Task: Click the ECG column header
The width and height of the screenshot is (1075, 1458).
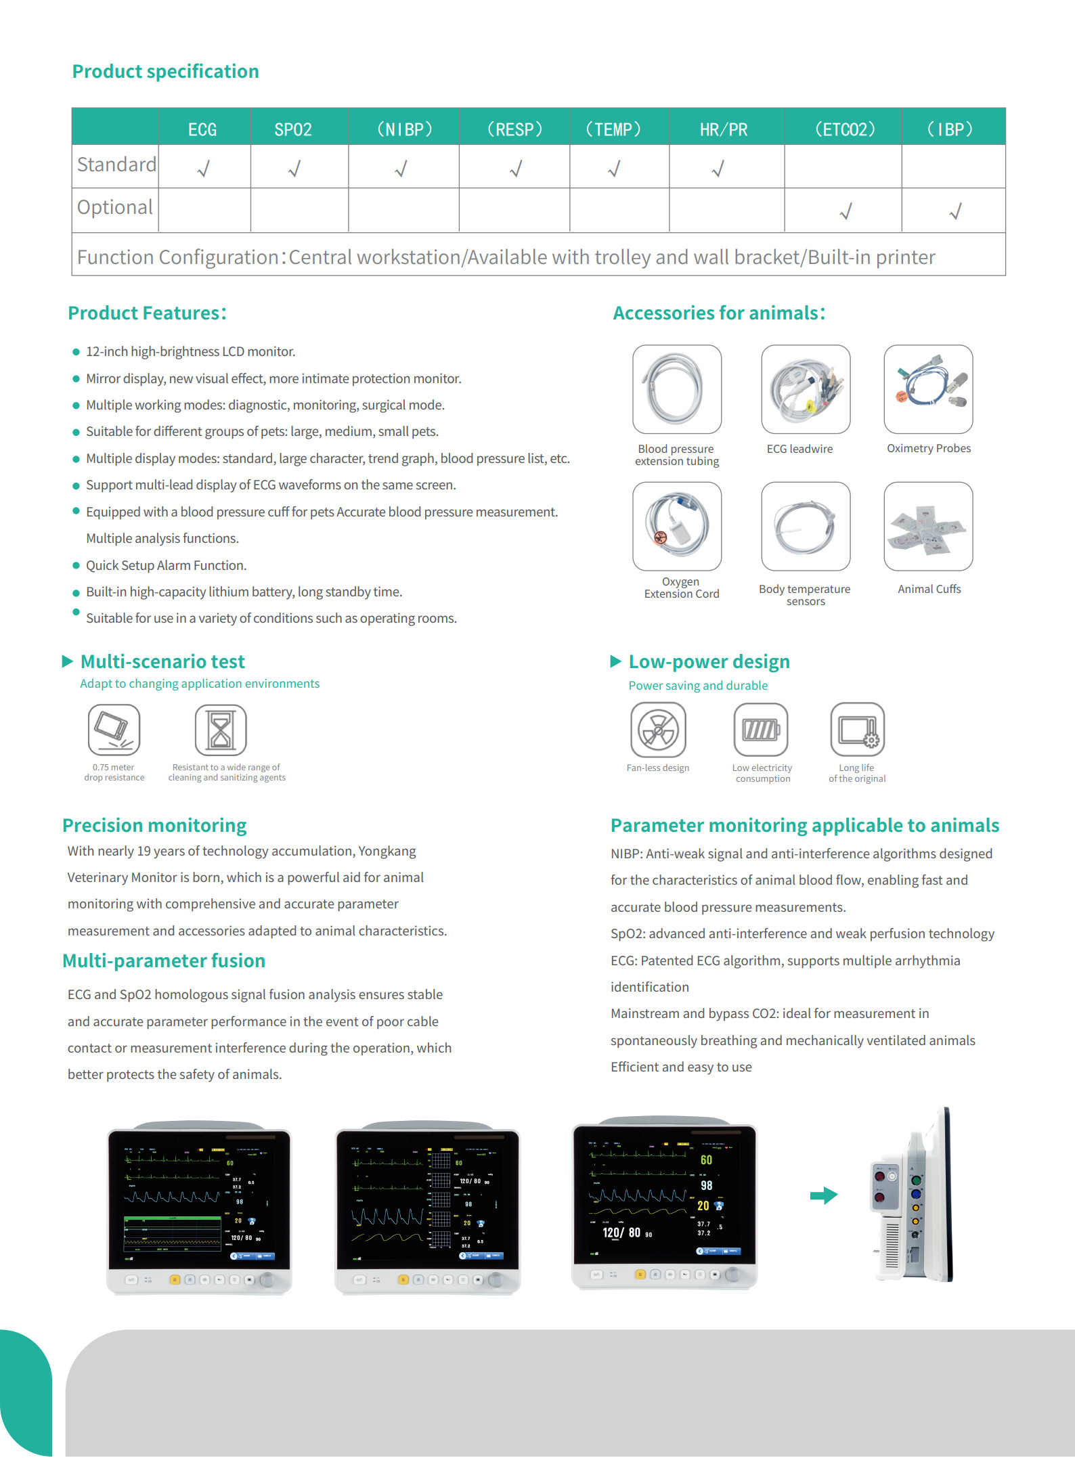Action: pos(202,129)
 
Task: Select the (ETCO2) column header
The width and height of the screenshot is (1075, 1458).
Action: pos(844,129)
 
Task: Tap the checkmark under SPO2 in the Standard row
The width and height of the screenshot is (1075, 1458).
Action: pos(294,168)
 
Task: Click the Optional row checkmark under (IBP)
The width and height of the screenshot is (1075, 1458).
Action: pos(955,212)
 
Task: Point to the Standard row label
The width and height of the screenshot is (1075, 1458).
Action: pos(116,164)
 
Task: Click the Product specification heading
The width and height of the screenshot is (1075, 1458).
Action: pos(165,71)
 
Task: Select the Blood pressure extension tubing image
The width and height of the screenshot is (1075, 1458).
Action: pos(677,389)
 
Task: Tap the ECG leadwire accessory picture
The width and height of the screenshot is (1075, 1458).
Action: pos(806,389)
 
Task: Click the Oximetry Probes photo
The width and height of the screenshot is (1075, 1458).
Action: pos(928,389)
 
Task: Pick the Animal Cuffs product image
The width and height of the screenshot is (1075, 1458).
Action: pos(928,526)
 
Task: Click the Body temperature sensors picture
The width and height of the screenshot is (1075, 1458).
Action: pos(806,526)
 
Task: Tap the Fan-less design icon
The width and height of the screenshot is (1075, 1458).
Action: pos(658,730)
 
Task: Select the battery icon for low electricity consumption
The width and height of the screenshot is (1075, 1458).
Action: pos(761,730)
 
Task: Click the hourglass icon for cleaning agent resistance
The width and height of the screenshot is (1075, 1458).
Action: pos(221,730)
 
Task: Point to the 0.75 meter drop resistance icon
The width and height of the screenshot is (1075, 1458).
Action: pos(114,730)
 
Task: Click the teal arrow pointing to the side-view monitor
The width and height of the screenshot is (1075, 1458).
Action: pos(824,1195)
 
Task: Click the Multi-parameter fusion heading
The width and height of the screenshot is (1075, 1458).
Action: pos(164,960)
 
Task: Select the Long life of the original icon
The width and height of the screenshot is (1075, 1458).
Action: pos(857,730)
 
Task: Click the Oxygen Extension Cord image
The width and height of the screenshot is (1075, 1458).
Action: pos(677,526)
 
